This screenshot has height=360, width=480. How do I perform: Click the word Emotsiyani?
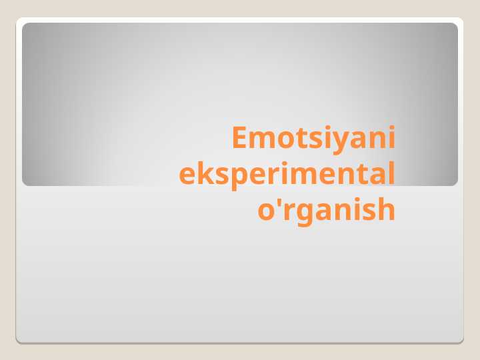pos(313,139)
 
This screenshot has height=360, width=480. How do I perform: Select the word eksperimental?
pos(287,175)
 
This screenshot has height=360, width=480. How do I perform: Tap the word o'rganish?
pos(326,210)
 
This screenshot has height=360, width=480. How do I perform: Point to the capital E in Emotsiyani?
pos(239,137)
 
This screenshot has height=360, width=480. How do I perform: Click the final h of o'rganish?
pos(386,208)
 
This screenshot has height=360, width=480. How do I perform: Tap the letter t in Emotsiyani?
pos(301,139)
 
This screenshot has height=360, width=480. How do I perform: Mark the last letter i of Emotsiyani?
pos(391,137)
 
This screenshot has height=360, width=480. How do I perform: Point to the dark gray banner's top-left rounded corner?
pos(25,25)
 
